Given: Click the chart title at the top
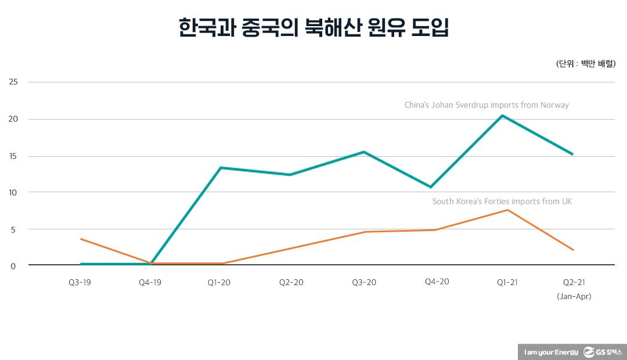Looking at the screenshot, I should (x=313, y=28).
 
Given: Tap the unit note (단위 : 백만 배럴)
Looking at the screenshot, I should (x=585, y=64).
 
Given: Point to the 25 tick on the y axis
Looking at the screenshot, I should (x=13, y=82).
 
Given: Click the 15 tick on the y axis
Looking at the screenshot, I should (x=13, y=156).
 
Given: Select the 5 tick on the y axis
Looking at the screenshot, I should (x=14, y=229).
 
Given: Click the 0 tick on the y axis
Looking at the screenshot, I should (x=14, y=265).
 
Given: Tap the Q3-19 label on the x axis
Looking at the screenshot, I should (x=80, y=282).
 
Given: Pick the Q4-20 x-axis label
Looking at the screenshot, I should (x=437, y=282).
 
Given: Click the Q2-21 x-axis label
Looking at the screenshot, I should (x=574, y=282).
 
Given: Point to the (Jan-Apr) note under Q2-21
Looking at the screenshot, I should (x=574, y=296).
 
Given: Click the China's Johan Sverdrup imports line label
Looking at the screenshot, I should (x=487, y=105).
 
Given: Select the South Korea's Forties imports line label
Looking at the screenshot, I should (x=502, y=201).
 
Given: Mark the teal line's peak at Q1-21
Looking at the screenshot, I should (x=502, y=116).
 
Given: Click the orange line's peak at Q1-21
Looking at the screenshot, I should (x=507, y=210).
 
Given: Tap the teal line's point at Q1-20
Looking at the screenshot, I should (x=221, y=168).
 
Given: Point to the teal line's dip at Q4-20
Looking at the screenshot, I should (x=431, y=187).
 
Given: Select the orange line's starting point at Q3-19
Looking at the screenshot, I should (x=81, y=239).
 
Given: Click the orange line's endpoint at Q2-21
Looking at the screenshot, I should (x=573, y=250).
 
